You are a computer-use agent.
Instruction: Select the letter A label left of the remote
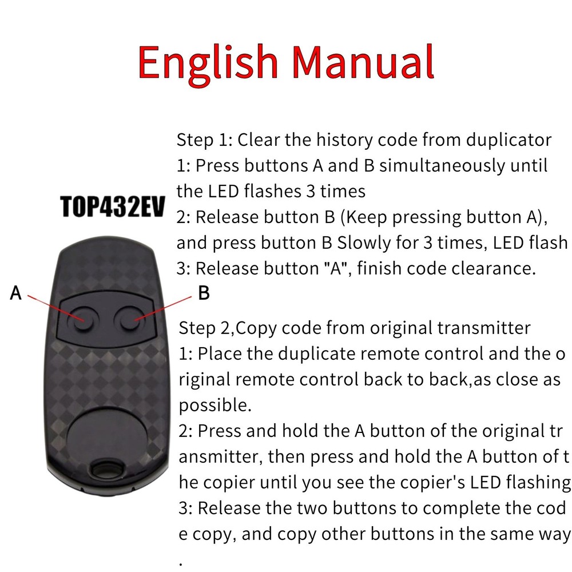coord(17,294)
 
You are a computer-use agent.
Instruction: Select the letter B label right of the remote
coord(204,294)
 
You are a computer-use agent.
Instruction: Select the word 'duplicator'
coord(509,140)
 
